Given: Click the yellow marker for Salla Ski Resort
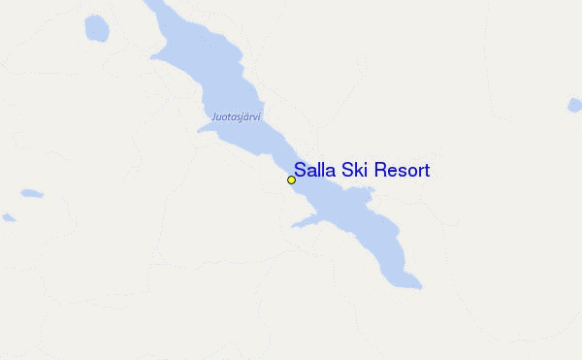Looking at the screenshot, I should pyautogui.click(x=291, y=180).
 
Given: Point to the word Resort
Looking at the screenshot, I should pyautogui.click(x=401, y=171).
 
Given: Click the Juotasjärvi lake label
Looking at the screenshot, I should pyautogui.click(x=236, y=117).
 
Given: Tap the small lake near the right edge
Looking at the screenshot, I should pyautogui.click(x=574, y=104).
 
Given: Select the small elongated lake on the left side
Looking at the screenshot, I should pyautogui.click(x=31, y=193).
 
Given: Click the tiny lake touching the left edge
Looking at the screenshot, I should pyautogui.click(x=7, y=217).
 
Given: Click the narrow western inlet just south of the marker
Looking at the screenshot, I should pyautogui.click(x=304, y=223).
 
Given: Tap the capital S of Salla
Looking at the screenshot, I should pyautogui.click(x=301, y=171).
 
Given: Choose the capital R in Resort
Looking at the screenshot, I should pyautogui.click(x=379, y=171).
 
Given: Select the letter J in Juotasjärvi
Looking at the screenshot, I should pyautogui.click(x=212, y=117).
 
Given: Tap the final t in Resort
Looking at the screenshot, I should pyautogui.click(x=427, y=171).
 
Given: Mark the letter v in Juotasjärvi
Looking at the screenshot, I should pyautogui.click(x=256, y=117).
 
